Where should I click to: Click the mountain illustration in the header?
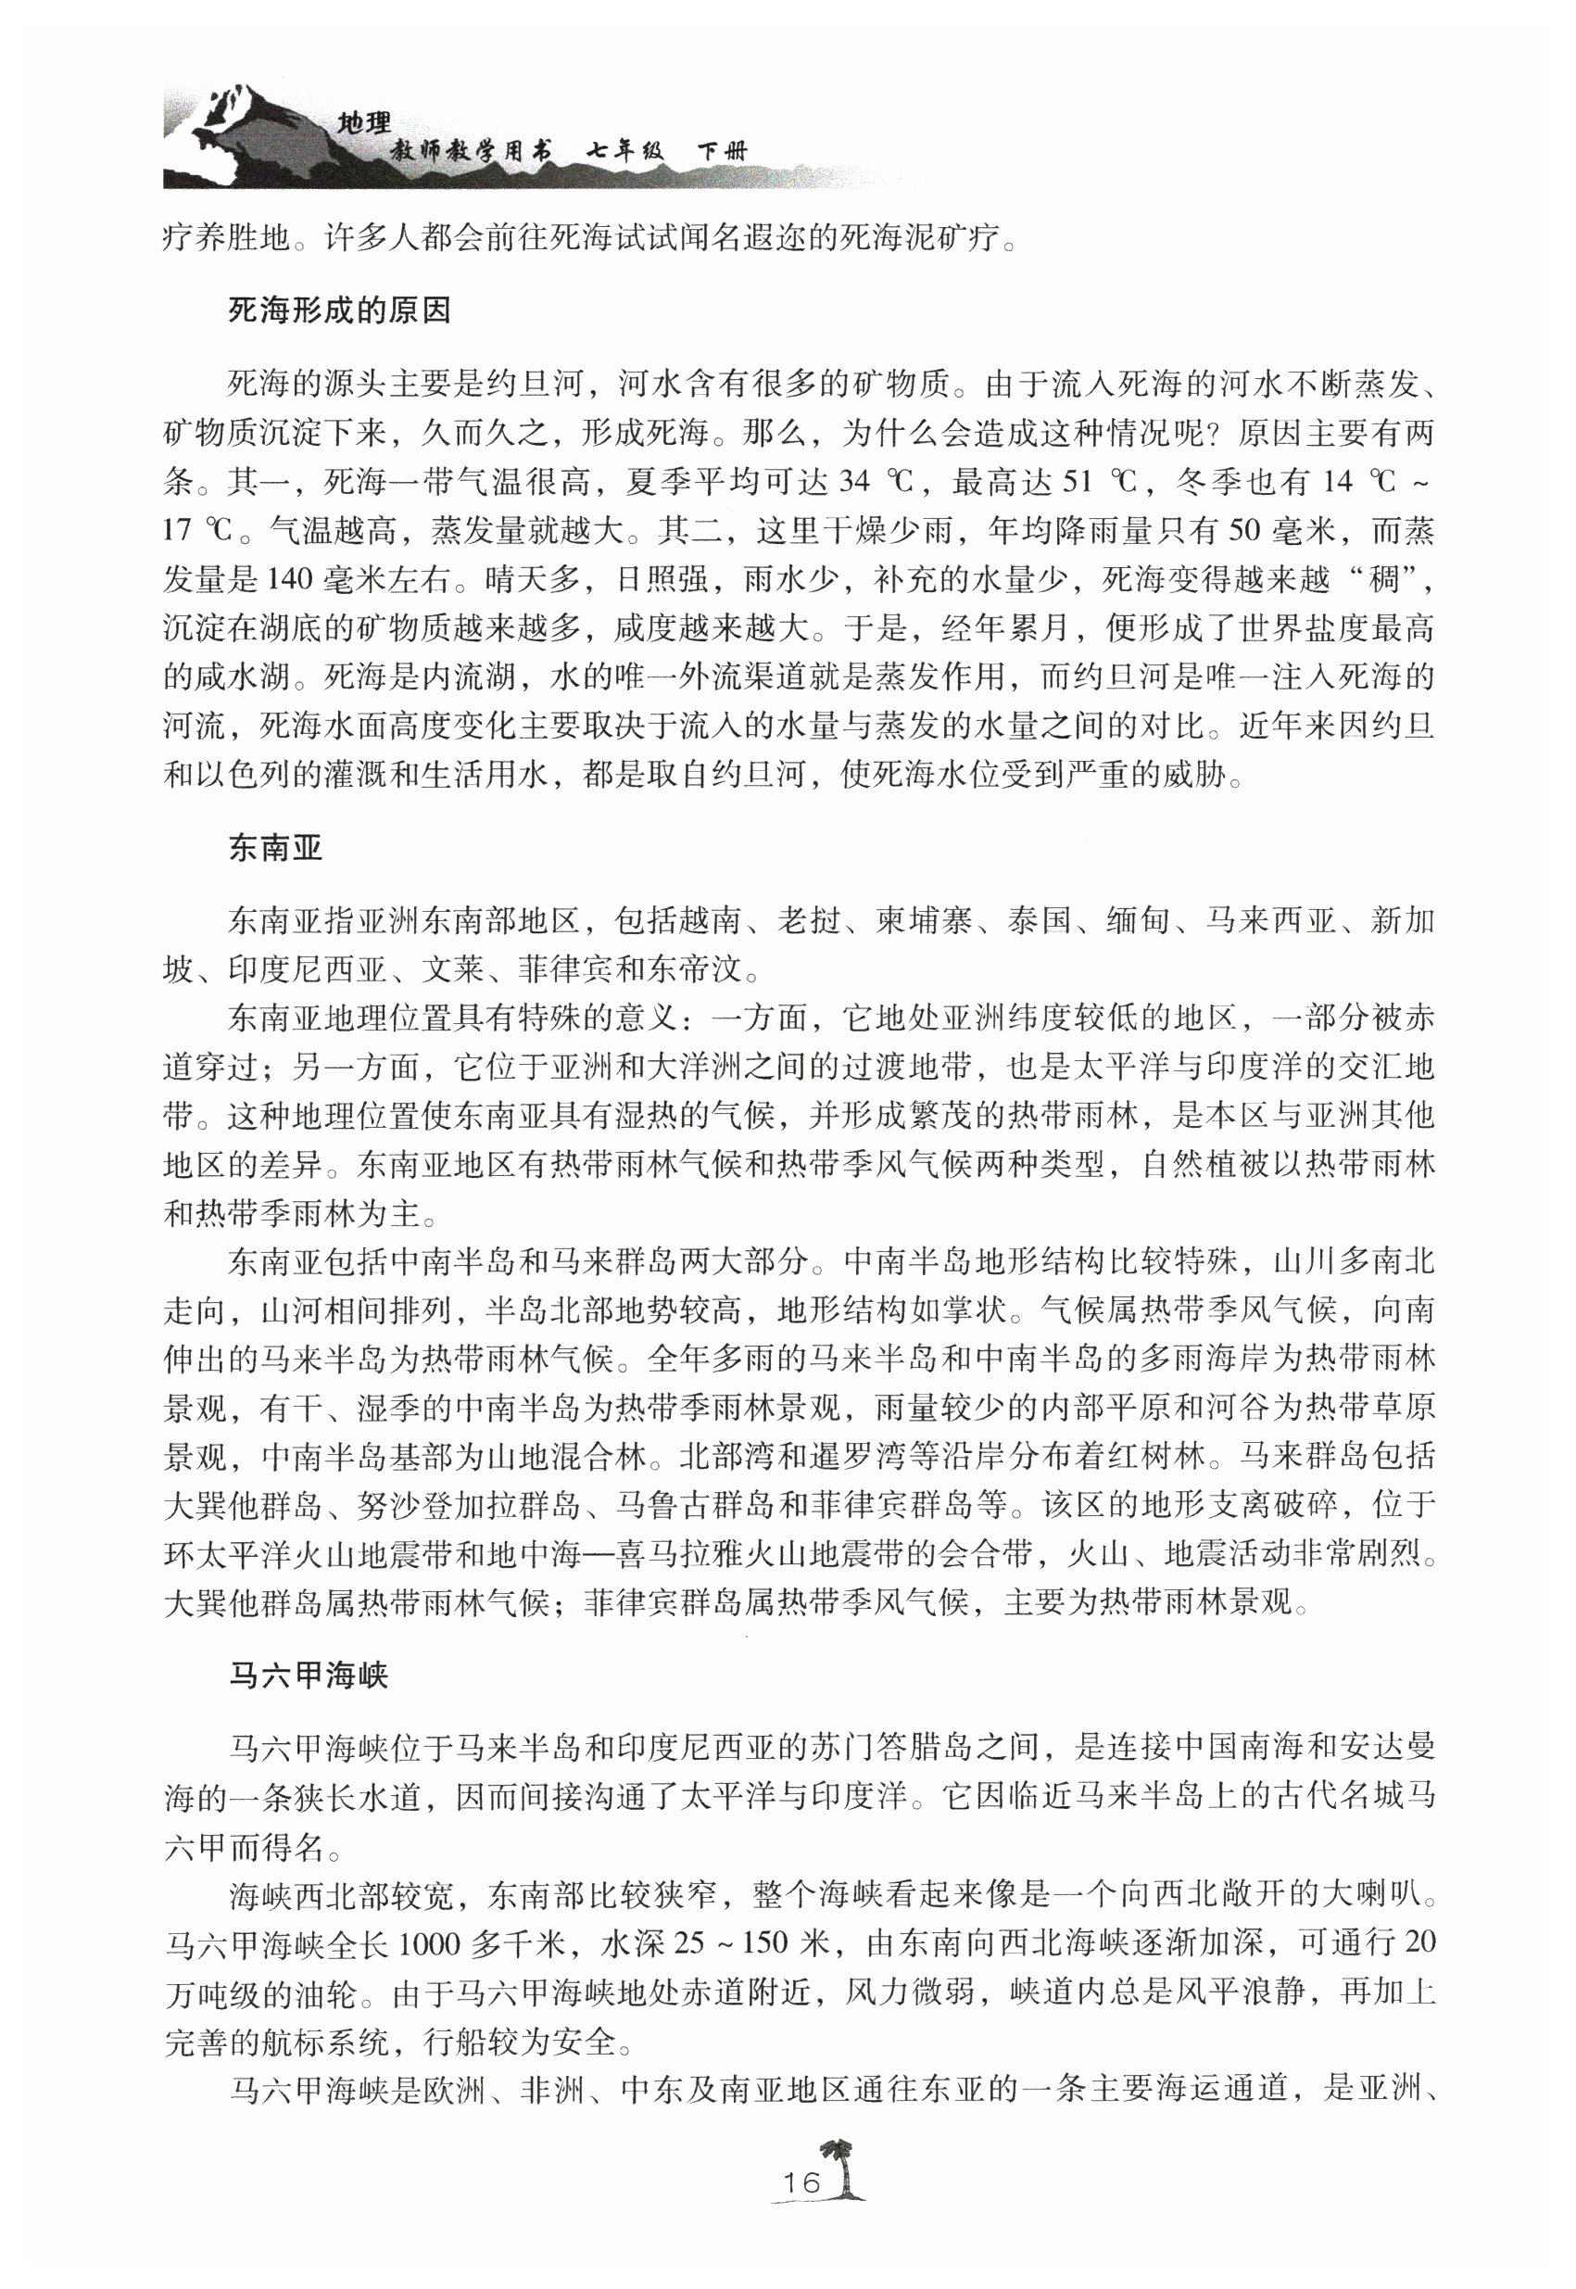(x=246, y=138)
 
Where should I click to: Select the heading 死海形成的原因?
(x=340, y=311)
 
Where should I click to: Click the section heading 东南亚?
(x=275, y=847)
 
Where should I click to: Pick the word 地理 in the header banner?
(x=364, y=122)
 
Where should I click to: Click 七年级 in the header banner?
(x=626, y=151)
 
